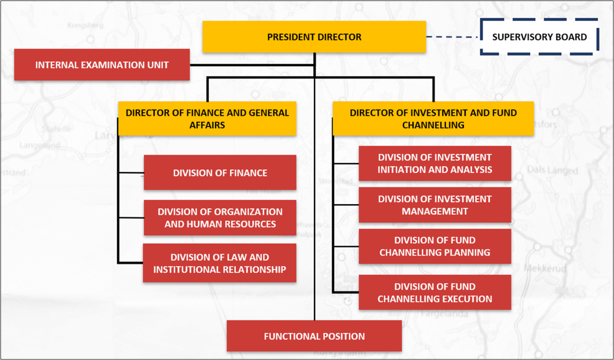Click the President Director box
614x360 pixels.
[314, 37]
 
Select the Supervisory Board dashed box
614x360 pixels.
[539, 37]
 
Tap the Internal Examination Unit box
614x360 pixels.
[102, 65]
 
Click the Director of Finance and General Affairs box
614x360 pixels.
[207, 119]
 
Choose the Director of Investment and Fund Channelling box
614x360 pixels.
[433, 119]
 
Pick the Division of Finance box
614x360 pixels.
[220, 173]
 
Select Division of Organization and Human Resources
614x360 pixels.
[220, 218]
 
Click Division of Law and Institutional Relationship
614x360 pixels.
[220, 263]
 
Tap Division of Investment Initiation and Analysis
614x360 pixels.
[435, 163]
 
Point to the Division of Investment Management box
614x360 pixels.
[435, 205]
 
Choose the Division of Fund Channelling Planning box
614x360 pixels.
[435, 246]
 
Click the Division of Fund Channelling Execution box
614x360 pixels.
[435, 292]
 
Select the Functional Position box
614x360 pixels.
[314, 336]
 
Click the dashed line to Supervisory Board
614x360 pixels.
[453, 37]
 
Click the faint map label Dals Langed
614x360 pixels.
[553, 170]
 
